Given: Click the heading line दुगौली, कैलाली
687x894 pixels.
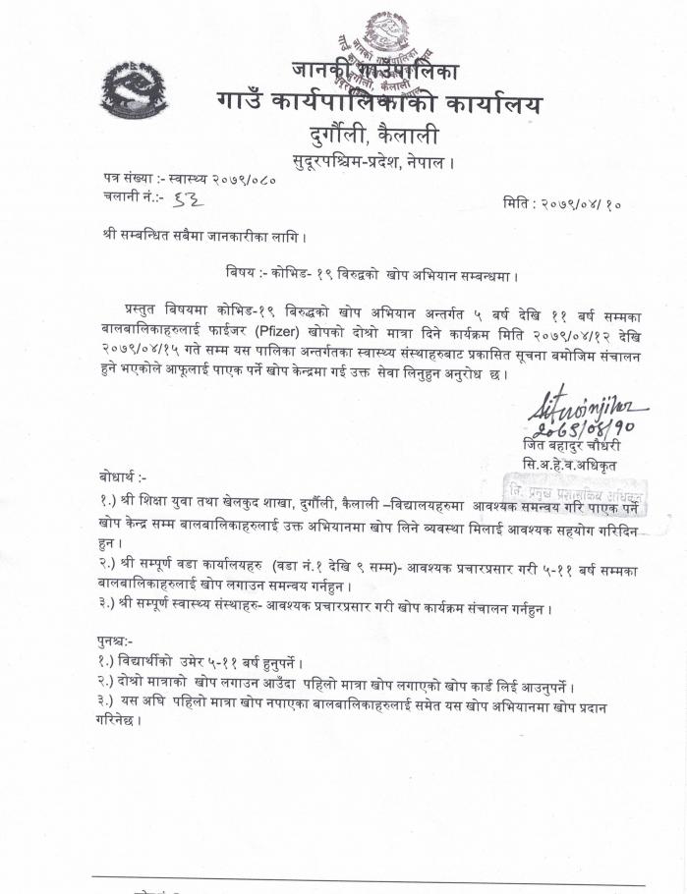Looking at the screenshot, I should coord(372,137).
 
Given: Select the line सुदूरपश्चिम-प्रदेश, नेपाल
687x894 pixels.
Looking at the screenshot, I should coord(373,161).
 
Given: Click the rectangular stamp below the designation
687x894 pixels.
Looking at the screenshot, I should coord(576,492).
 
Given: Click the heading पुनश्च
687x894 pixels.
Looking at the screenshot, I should coord(116,641).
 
